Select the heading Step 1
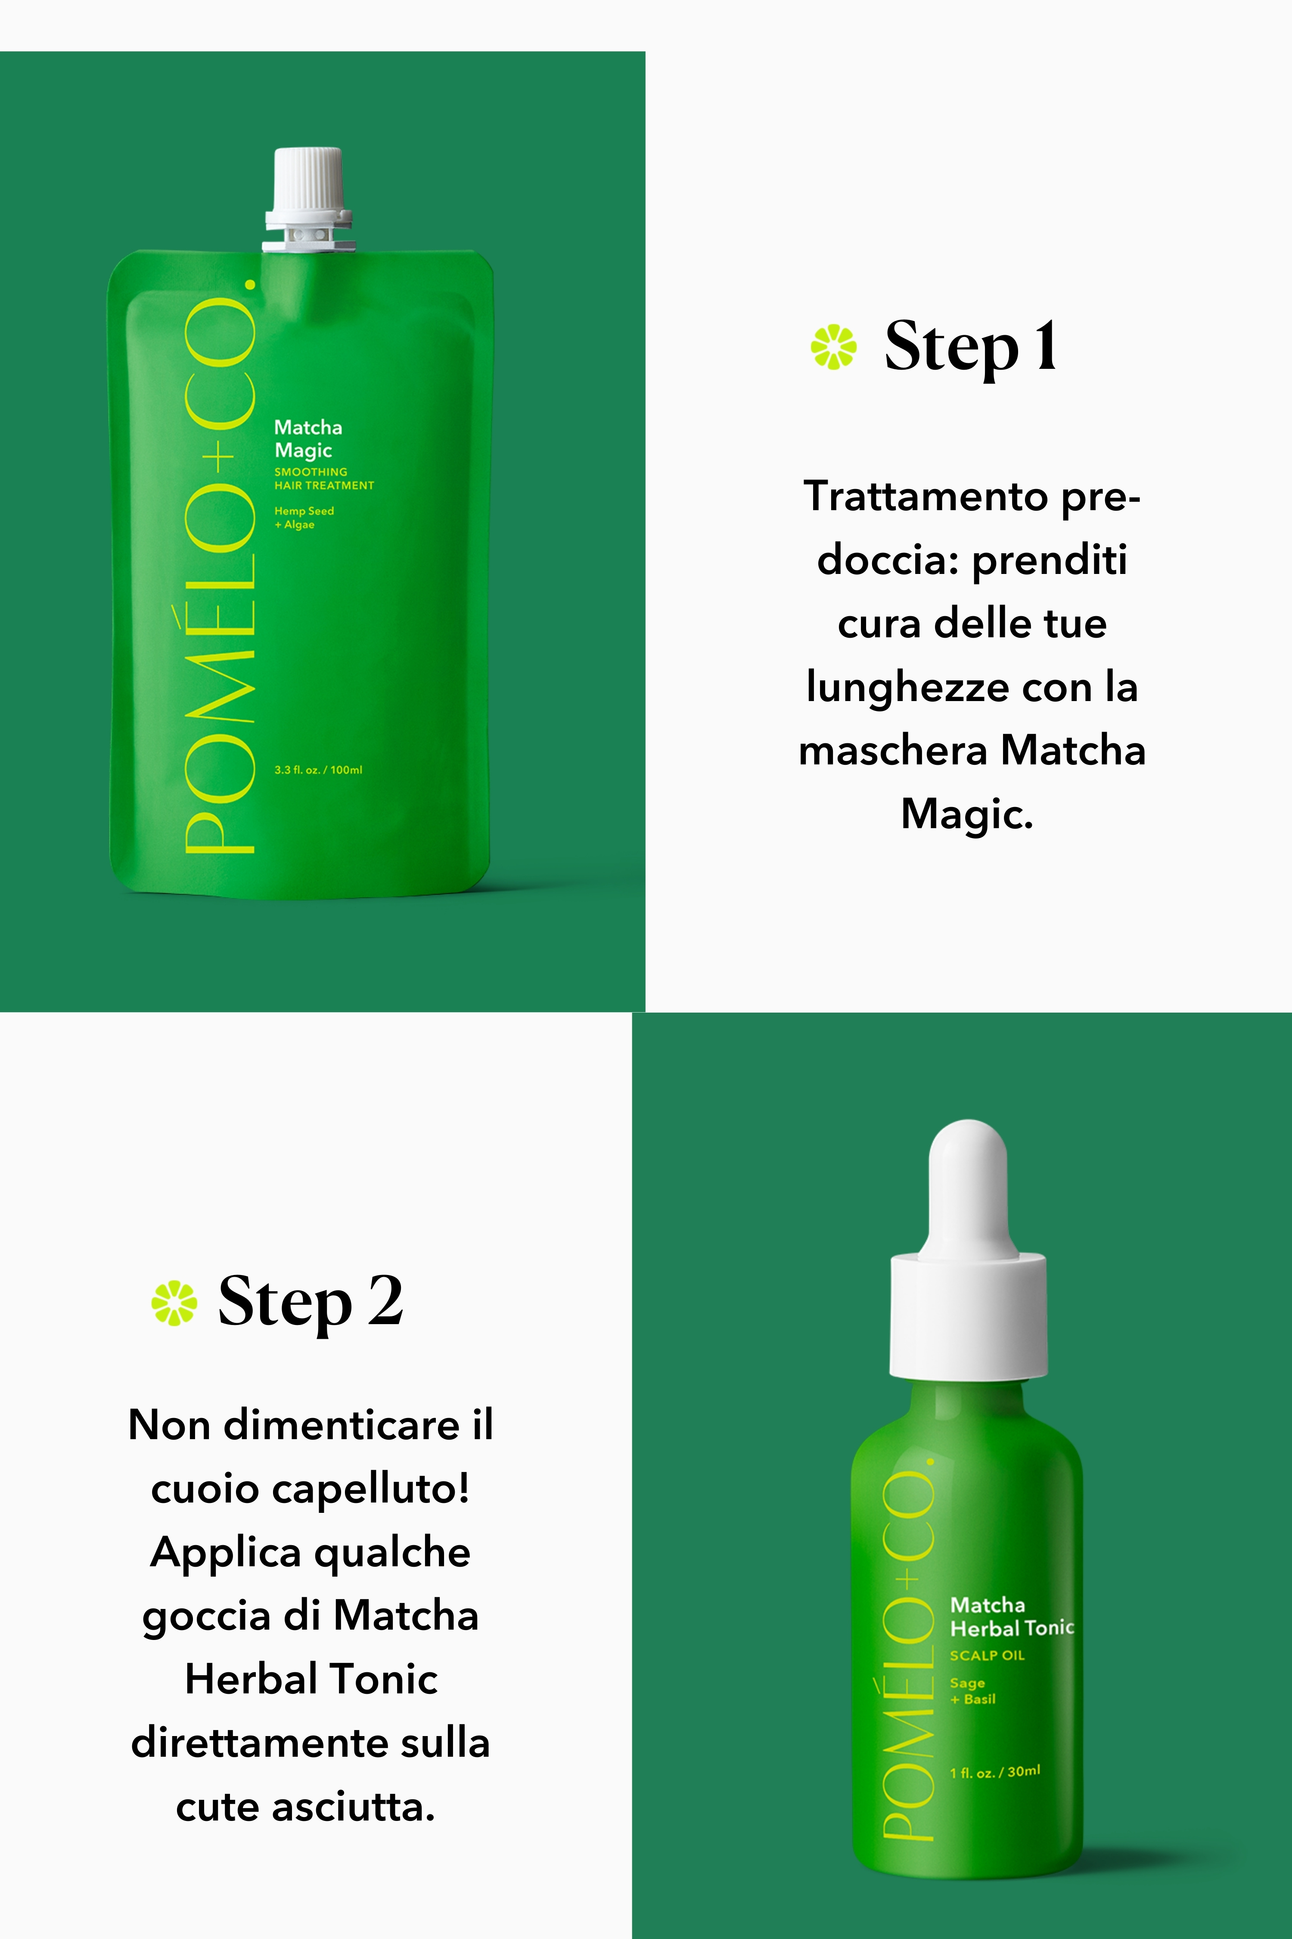pyautogui.click(x=971, y=347)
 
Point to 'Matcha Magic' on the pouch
pyautogui.click(x=308, y=439)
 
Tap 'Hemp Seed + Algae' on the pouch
pyautogui.click(x=304, y=518)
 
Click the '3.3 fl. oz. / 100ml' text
pyautogui.click(x=318, y=770)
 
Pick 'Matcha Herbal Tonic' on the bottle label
pyautogui.click(x=1012, y=1617)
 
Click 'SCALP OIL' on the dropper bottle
pyautogui.click(x=987, y=1655)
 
